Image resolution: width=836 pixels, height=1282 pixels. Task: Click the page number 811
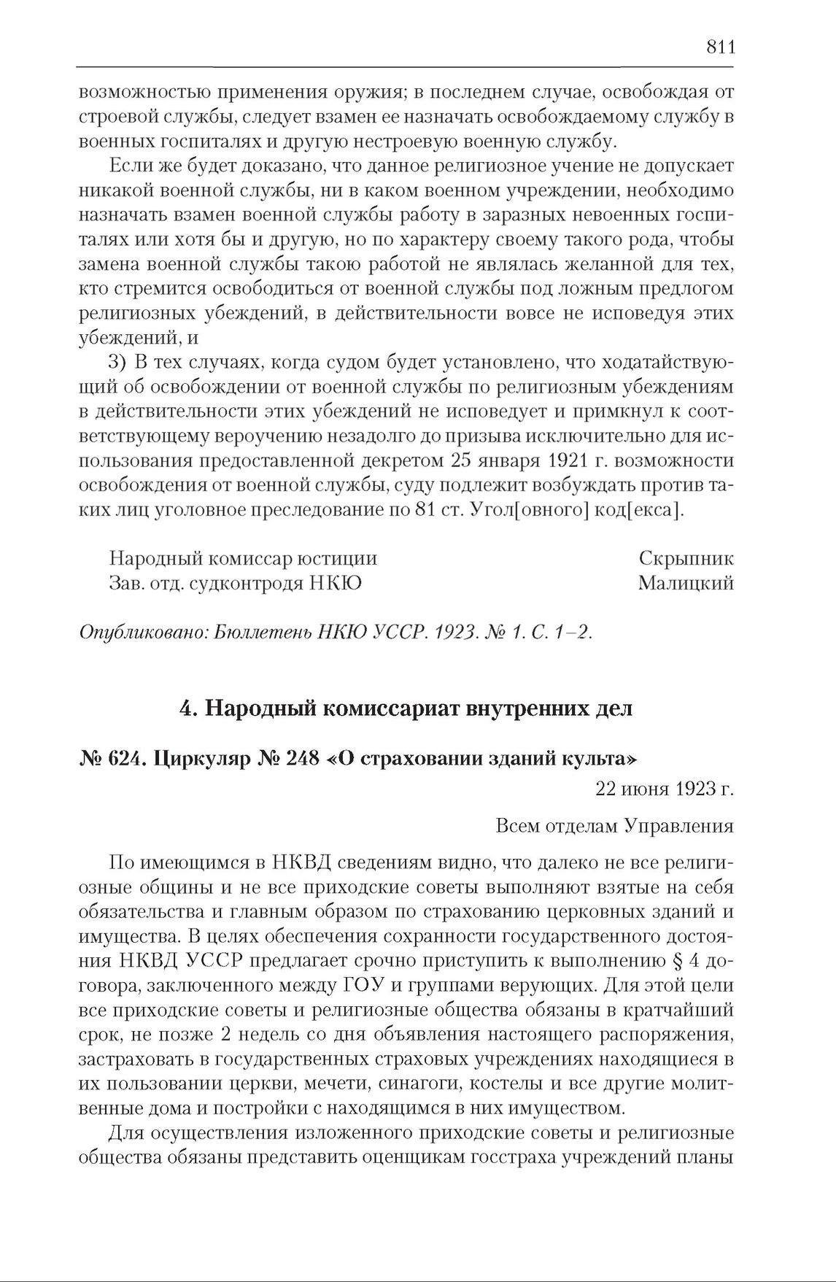(719, 47)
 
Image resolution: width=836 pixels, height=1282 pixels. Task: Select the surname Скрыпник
(686, 559)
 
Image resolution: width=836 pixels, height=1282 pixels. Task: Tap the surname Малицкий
(685, 584)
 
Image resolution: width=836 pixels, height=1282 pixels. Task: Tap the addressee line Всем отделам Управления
(614, 826)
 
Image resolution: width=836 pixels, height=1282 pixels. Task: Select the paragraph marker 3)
(118, 363)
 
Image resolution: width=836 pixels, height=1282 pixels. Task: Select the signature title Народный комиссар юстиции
(243, 559)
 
